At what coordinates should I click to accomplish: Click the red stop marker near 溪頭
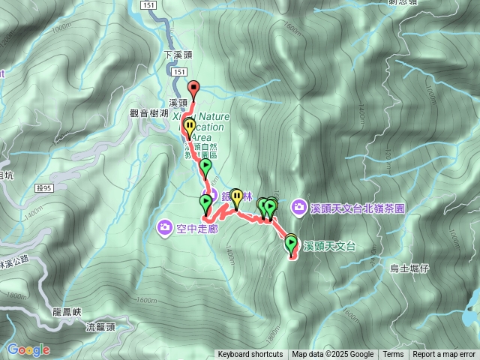193,88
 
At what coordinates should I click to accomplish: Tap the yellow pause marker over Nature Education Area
189,127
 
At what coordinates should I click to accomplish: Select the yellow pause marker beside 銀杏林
237,197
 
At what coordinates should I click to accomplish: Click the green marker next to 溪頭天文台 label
290,243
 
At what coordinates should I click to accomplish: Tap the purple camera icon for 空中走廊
164,226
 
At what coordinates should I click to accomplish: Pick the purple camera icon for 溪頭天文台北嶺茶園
299,206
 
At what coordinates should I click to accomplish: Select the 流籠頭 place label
100,327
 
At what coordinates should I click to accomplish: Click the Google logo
28,349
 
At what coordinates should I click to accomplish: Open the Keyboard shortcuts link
250,355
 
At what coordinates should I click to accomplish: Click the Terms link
393,355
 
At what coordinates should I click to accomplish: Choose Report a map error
444,355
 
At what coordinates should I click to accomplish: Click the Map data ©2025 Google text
333,355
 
